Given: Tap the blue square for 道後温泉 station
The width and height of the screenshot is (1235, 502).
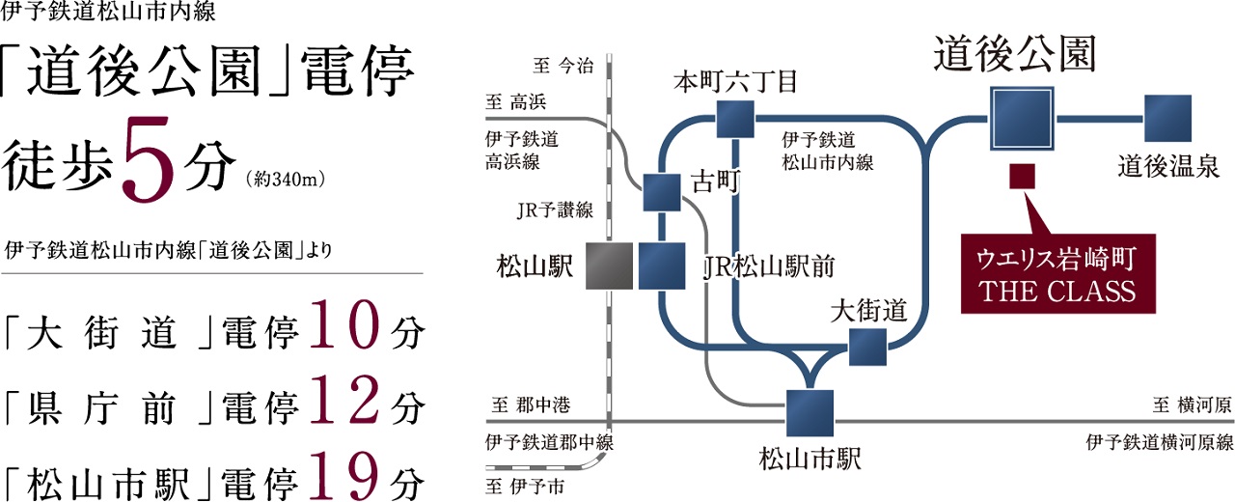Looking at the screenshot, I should pos(1166,119).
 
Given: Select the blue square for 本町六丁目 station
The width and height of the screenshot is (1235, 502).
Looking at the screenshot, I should pos(734,119).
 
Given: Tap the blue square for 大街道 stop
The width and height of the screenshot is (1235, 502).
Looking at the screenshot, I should pos(867,347).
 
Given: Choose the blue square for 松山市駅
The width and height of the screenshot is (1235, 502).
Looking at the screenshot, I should pos(809,413).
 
